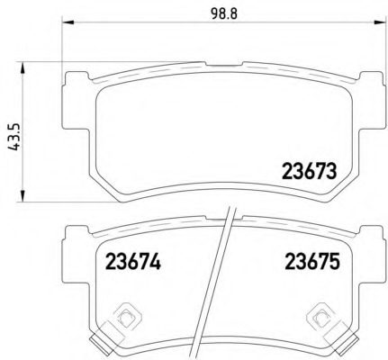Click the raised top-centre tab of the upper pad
pos(221,66)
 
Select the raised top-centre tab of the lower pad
pos(221,219)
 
